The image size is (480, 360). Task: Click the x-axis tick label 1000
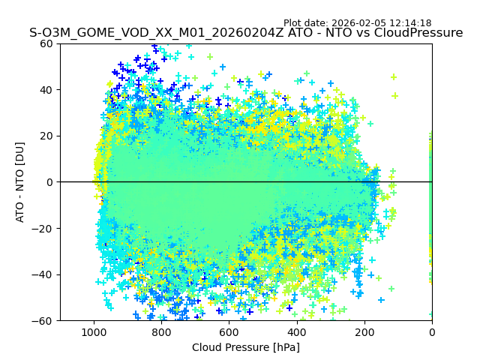click(94, 331)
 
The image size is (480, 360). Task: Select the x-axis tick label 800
click(161, 331)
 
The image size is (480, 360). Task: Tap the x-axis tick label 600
click(229, 331)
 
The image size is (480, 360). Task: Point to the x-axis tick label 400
click(296, 331)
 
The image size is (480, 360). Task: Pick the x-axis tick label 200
click(364, 331)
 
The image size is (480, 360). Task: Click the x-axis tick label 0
click(432, 331)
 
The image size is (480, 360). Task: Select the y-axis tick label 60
click(47, 43)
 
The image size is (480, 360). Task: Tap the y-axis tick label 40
click(47, 90)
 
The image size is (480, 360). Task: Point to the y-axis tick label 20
click(47, 136)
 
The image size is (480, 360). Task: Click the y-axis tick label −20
click(44, 229)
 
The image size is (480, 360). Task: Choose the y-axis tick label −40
click(44, 274)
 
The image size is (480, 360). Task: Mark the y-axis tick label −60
click(44, 321)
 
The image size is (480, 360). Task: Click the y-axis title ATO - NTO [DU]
click(20, 182)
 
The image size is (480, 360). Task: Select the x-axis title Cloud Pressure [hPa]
click(246, 347)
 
